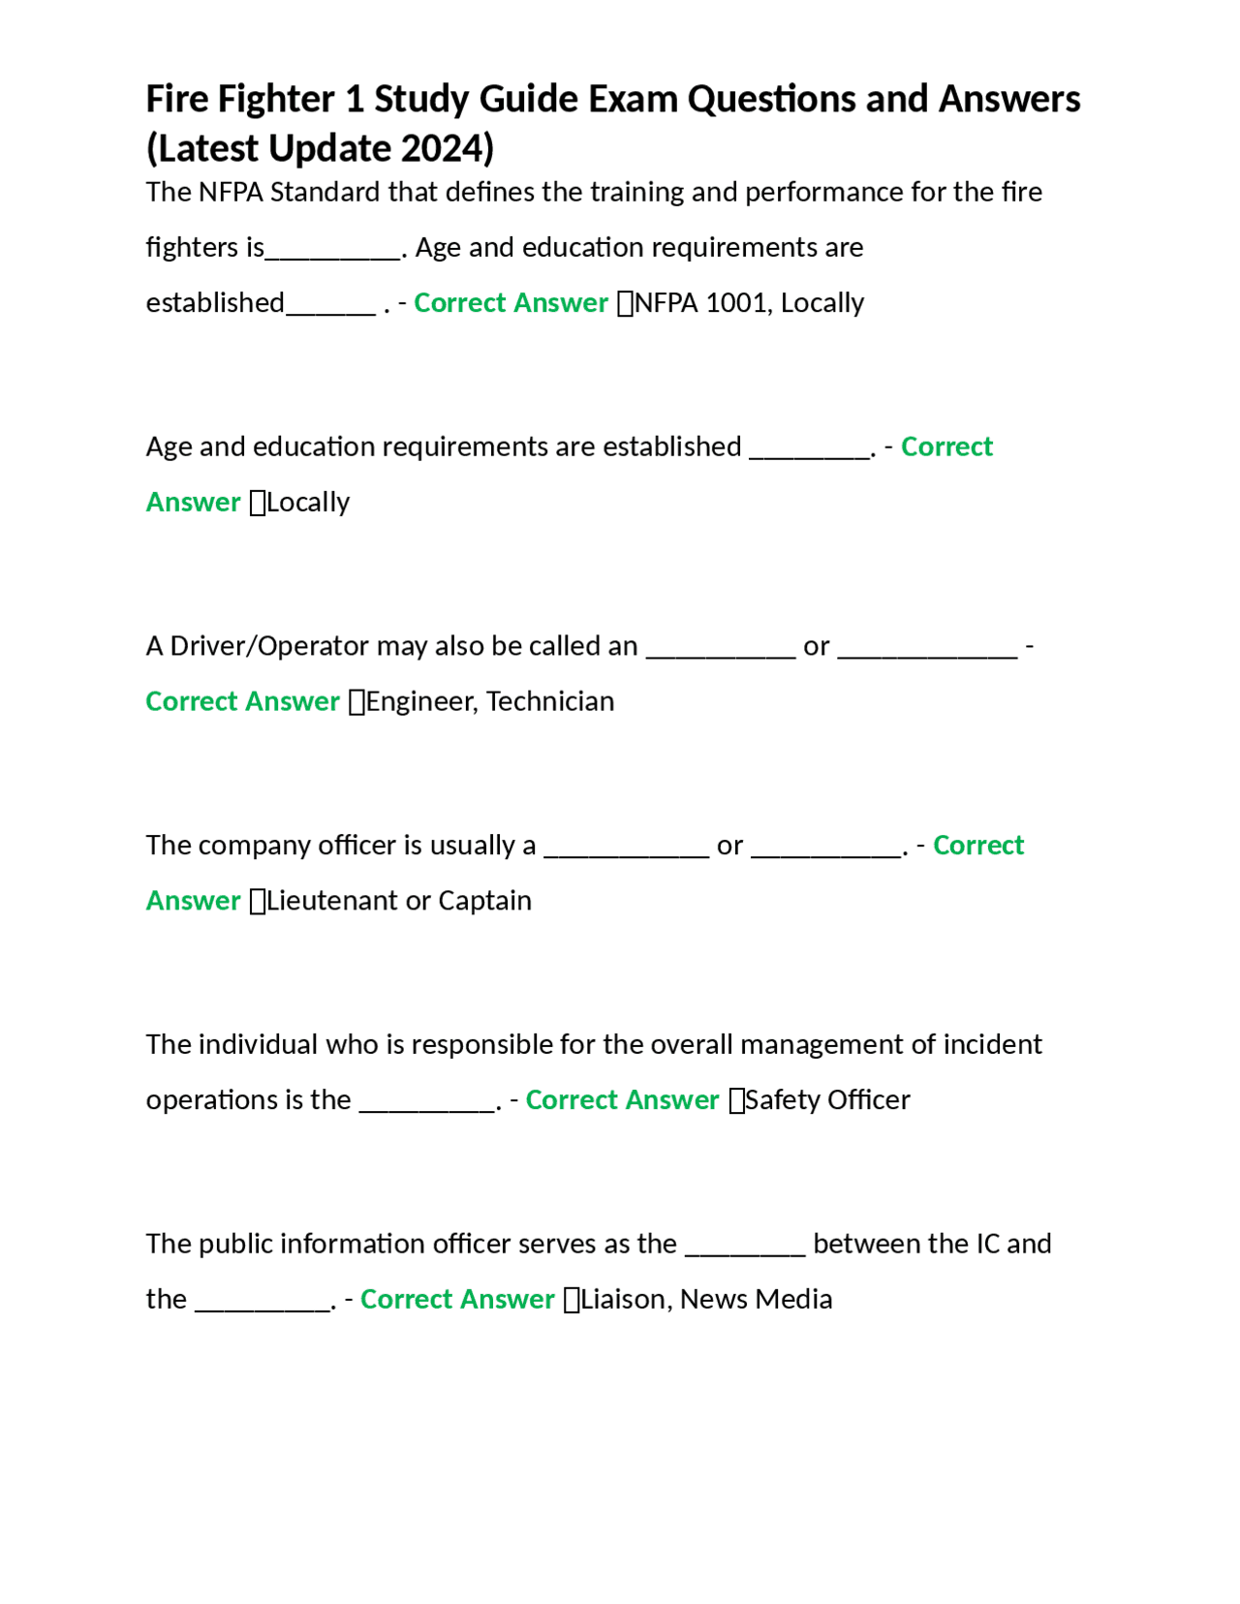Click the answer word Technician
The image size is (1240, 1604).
pyautogui.click(x=550, y=701)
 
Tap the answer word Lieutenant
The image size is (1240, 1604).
pyautogui.click(x=332, y=901)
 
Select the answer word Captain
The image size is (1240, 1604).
pyautogui.click(x=484, y=901)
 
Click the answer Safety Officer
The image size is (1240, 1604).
pyautogui.click(x=827, y=1100)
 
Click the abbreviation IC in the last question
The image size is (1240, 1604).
pyautogui.click(x=988, y=1244)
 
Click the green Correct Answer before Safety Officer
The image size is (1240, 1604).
pyautogui.click(x=622, y=1100)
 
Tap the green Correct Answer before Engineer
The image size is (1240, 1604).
pyautogui.click(x=242, y=701)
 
